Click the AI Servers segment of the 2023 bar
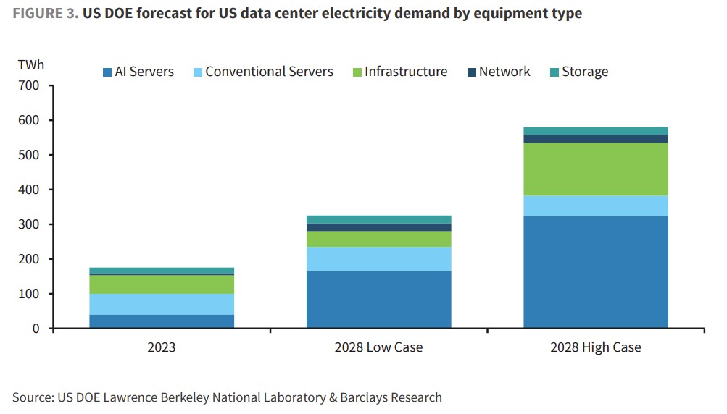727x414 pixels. click(161, 321)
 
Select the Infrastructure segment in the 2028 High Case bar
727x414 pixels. click(595, 169)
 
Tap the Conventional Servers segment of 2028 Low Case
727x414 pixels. click(378, 259)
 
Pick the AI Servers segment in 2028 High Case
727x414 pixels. click(595, 272)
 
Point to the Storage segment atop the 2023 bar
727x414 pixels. click(161, 271)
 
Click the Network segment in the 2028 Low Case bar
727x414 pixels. click(378, 227)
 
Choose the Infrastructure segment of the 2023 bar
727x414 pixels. click(161, 284)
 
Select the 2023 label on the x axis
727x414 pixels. click(161, 347)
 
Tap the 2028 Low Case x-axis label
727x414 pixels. click(378, 347)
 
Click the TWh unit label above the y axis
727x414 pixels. click(31, 65)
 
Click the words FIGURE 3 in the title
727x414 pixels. click(41, 14)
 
